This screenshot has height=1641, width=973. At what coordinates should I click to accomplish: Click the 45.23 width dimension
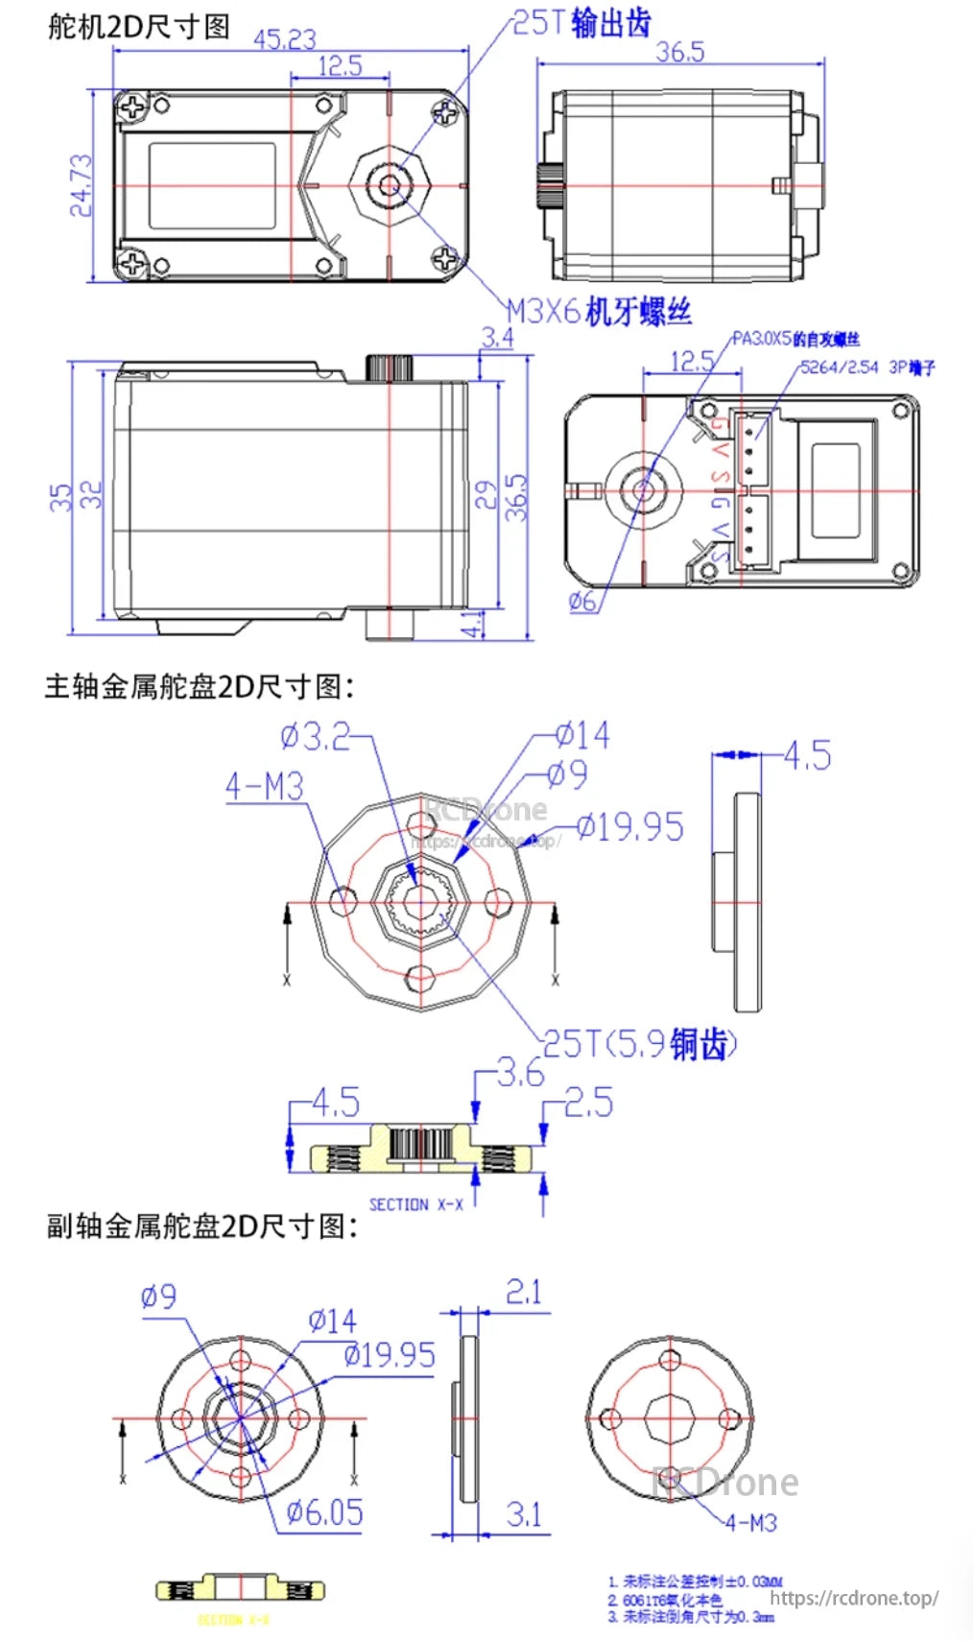[x=284, y=39]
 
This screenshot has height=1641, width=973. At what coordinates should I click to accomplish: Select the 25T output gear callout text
[x=581, y=23]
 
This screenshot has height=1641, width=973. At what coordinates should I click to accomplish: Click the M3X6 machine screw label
[x=599, y=311]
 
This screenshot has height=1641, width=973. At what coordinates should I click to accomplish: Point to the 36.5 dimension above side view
[x=679, y=52]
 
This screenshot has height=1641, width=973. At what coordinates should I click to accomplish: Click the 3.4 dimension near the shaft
[x=497, y=338]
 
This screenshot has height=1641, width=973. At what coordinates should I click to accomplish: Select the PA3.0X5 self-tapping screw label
[x=795, y=339]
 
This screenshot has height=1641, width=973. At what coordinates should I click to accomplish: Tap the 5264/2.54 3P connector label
[x=867, y=368]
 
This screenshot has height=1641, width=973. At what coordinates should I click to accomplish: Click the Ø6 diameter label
[x=582, y=602]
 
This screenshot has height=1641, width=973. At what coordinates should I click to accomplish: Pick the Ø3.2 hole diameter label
[x=316, y=737]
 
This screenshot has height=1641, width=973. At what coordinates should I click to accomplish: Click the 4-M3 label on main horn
[x=264, y=787]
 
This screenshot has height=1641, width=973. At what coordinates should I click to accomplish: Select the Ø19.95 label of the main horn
[x=630, y=827]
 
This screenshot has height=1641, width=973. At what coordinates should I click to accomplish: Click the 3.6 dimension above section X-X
[x=520, y=1073]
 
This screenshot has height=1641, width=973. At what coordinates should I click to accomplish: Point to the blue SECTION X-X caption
[x=415, y=1204]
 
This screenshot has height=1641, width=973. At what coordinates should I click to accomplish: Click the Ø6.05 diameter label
[x=325, y=1513]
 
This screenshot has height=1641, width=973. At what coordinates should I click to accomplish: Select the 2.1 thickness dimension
[x=524, y=1293]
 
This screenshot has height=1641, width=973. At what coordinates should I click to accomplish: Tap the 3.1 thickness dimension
[x=524, y=1515]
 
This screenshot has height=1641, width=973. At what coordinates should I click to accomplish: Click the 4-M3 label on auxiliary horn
[x=750, y=1523]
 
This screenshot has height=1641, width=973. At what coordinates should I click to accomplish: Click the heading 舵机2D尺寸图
[x=139, y=26]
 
